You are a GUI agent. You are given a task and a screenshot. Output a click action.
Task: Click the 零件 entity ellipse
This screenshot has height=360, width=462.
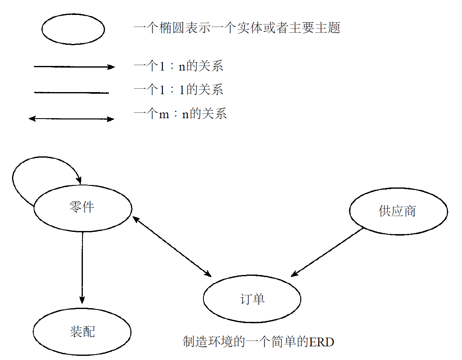(x=82, y=208)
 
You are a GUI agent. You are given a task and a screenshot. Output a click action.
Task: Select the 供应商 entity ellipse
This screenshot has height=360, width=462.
(x=398, y=211)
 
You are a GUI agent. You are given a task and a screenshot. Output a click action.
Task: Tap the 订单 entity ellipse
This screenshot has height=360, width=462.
(x=252, y=299)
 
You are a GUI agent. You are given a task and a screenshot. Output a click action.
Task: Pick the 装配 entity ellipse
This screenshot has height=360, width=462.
(x=82, y=332)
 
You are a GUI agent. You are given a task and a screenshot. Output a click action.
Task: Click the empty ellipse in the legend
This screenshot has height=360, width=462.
(x=73, y=29)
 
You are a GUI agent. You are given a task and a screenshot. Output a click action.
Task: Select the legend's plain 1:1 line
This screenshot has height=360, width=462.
(x=71, y=93)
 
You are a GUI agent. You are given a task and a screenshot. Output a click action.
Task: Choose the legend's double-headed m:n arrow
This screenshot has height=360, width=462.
(x=71, y=119)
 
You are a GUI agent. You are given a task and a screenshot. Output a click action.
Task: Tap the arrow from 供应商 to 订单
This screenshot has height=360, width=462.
(x=327, y=252)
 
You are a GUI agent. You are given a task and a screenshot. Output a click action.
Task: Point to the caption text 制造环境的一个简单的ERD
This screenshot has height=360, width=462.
(x=258, y=342)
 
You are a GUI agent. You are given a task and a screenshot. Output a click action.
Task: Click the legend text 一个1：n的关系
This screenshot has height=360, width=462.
(x=178, y=66)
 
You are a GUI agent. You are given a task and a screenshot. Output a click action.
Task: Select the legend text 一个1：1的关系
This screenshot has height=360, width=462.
(x=178, y=90)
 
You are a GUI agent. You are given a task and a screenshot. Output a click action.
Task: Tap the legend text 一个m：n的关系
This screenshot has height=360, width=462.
(x=180, y=114)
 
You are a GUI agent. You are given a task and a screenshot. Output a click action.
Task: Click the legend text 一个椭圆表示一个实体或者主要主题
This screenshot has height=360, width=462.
(x=237, y=28)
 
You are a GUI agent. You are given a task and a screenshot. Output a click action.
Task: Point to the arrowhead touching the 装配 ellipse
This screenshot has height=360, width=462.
(x=82, y=300)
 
